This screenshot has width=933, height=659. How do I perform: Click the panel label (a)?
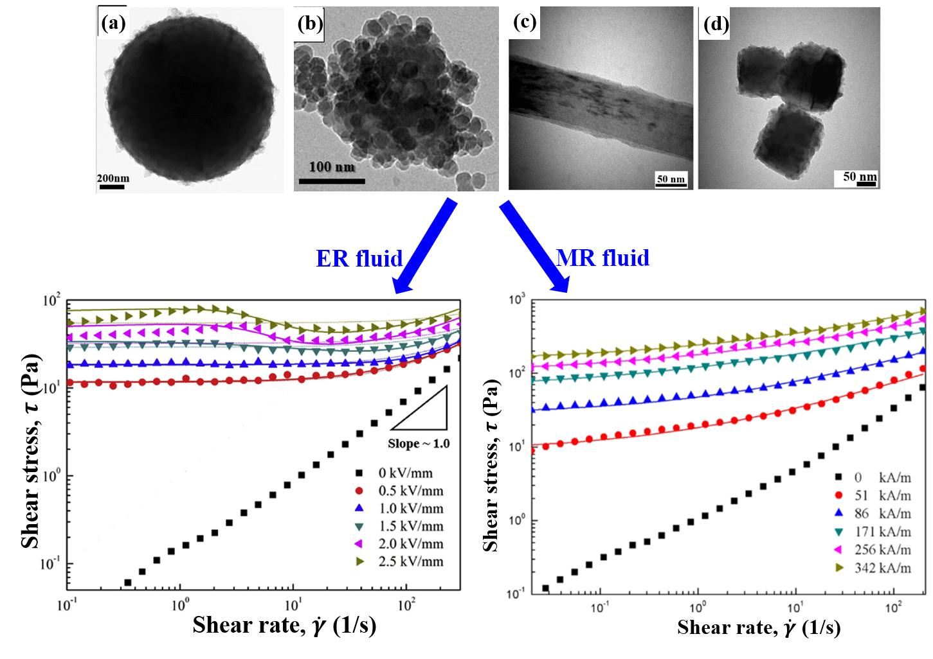113,24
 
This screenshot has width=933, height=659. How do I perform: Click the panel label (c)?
525,22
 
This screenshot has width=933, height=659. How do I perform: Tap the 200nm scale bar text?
113,178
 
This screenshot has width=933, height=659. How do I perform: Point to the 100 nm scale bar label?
332,167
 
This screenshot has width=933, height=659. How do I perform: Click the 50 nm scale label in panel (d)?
860,176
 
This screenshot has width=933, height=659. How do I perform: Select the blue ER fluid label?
359,258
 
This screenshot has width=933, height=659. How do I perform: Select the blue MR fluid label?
602,258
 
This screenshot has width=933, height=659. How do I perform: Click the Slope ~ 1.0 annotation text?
419,444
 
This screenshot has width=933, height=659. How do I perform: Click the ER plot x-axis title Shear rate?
284,625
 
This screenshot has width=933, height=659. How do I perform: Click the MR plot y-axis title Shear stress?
491,466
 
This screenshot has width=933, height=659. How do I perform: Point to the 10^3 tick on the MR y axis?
516,299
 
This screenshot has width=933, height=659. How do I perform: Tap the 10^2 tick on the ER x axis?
406,604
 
